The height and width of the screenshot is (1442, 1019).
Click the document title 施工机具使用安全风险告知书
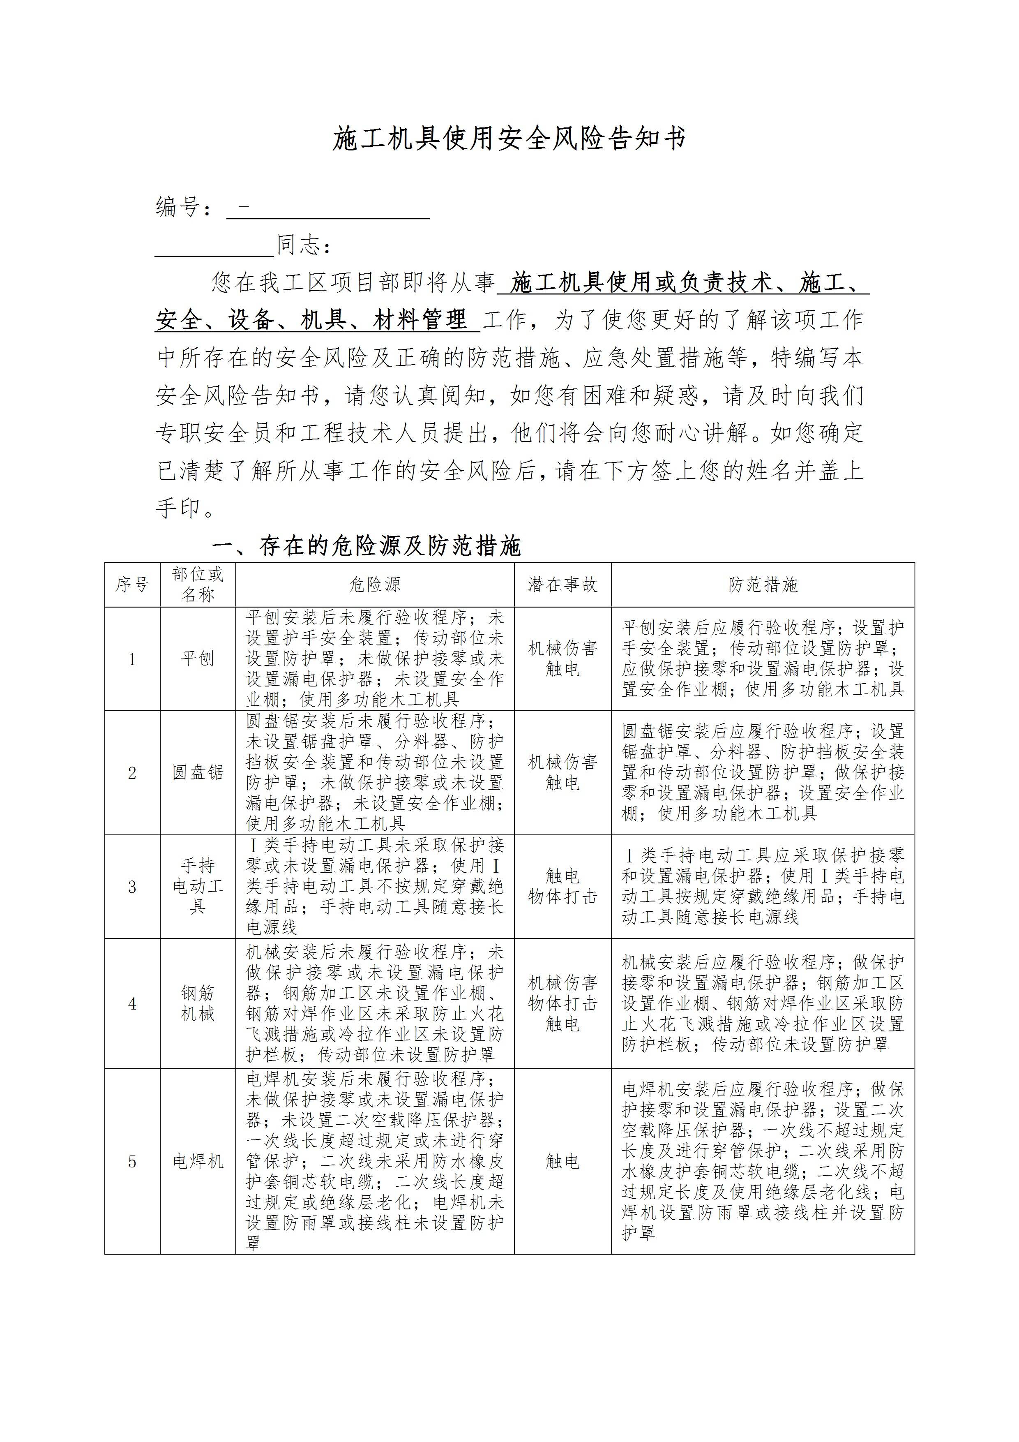pyautogui.click(x=509, y=139)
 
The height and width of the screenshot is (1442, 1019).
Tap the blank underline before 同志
pyautogui.click(x=214, y=246)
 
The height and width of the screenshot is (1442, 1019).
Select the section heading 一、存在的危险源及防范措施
pyautogui.click(x=367, y=546)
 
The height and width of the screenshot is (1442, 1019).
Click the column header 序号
pyautogui.click(x=132, y=585)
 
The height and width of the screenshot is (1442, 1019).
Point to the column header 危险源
pyautogui.click(x=374, y=585)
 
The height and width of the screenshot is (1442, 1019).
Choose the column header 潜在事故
pyautogui.click(x=562, y=585)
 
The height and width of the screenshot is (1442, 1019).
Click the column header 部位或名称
pyautogui.click(x=197, y=585)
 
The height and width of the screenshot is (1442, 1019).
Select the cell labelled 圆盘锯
pyautogui.click(x=197, y=772)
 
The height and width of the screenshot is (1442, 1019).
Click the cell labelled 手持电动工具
pyautogui.click(x=197, y=886)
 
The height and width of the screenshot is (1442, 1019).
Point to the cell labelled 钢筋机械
pyautogui.click(x=197, y=1003)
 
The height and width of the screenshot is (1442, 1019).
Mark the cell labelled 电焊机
pyautogui.click(x=197, y=1161)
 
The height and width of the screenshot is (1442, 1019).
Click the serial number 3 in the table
pyautogui.click(x=132, y=887)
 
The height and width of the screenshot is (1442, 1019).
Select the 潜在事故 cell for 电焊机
pyautogui.click(x=562, y=1161)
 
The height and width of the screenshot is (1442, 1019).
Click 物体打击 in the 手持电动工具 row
pyautogui.click(x=562, y=897)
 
